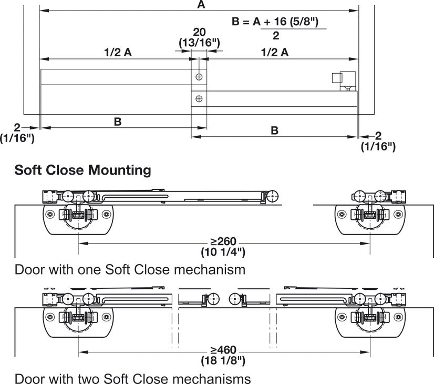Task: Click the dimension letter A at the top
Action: tap(200, 5)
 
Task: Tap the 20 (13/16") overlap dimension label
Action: tap(199, 38)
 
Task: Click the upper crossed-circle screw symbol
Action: tap(199, 77)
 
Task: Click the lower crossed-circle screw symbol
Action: tap(199, 98)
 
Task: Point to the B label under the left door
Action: tap(118, 122)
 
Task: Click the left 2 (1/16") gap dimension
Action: tap(17, 133)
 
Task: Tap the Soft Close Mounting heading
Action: tap(83, 170)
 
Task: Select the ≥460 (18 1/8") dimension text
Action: tap(223, 355)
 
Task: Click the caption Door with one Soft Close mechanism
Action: tap(130, 270)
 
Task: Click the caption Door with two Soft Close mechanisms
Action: tap(132, 378)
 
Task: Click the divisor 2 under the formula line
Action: tap(276, 36)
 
